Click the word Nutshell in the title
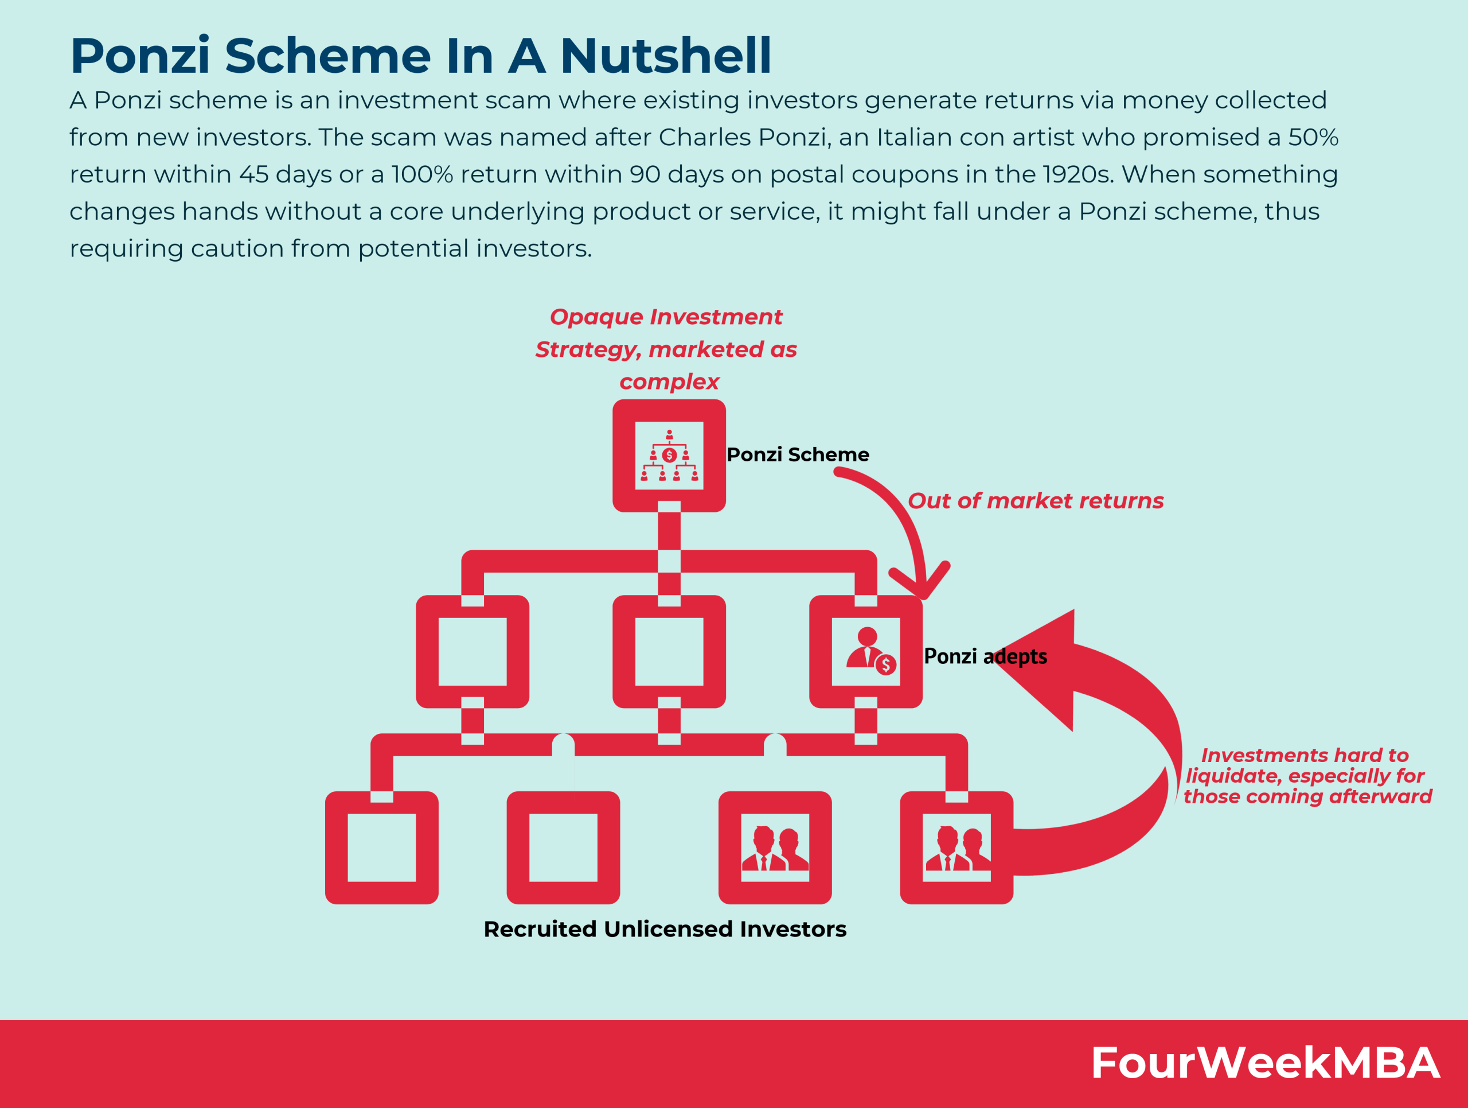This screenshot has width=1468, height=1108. [666, 56]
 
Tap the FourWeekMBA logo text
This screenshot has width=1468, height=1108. [1265, 1063]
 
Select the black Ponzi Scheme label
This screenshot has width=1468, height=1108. [798, 455]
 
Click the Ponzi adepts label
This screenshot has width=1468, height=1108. [985, 656]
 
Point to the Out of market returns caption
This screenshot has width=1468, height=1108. [1035, 500]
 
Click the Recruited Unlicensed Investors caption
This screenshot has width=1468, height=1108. [665, 929]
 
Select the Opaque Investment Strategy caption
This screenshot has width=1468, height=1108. [666, 349]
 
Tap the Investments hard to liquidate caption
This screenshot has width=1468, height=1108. [1306, 775]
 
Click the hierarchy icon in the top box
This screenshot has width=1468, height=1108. [669, 456]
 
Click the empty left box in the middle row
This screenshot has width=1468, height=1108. [473, 651]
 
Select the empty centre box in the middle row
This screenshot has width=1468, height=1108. [669, 651]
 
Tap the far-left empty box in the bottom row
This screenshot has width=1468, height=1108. [381, 847]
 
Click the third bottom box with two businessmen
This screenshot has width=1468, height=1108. [775, 847]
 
